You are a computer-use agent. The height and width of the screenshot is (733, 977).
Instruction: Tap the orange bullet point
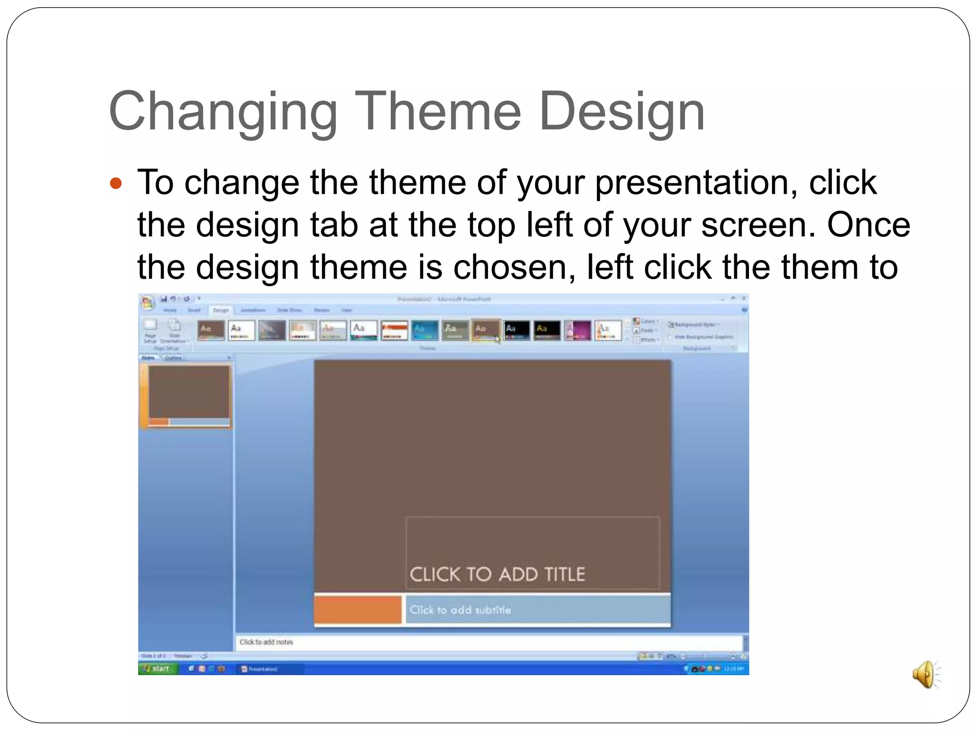pos(116,183)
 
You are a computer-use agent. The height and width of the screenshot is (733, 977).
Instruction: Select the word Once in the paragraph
pos(868,225)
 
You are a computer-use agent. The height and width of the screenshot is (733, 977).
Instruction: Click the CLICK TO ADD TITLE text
pos(497,574)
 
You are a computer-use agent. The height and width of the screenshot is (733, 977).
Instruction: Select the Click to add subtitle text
pos(460,610)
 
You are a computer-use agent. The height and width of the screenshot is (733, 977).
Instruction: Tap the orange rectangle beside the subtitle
pos(358,609)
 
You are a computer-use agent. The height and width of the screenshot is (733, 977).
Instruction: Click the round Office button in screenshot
pos(147,302)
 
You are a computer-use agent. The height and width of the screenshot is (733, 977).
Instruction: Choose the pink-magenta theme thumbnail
pos(577,330)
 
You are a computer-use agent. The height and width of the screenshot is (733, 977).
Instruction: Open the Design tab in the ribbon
pos(220,310)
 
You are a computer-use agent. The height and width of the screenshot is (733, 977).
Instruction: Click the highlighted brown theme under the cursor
pos(485,330)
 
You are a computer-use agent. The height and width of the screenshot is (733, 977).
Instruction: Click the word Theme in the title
pos(437,112)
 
